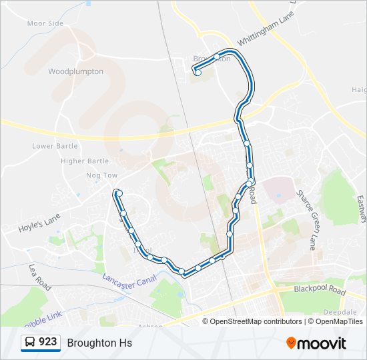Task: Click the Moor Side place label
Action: pyautogui.click(x=45, y=23)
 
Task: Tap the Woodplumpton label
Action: pyautogui.click(x=75, y=71)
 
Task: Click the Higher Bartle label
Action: pyautogui.click(x=85, y=161)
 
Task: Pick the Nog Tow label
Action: pyautogui.click(x=101, y=175)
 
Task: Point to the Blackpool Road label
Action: pyautogui.click(x=320, y=291)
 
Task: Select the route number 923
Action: pyautogui.click(x=47, y=342)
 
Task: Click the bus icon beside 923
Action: pyautogui.click(x=30, y=343)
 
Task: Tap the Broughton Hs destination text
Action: pyautogui.click(x=99, y=343)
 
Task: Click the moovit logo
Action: pyautogui.click(x=316, y=343)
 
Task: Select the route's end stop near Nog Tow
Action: pyautogui.click(x=118, y=193)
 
